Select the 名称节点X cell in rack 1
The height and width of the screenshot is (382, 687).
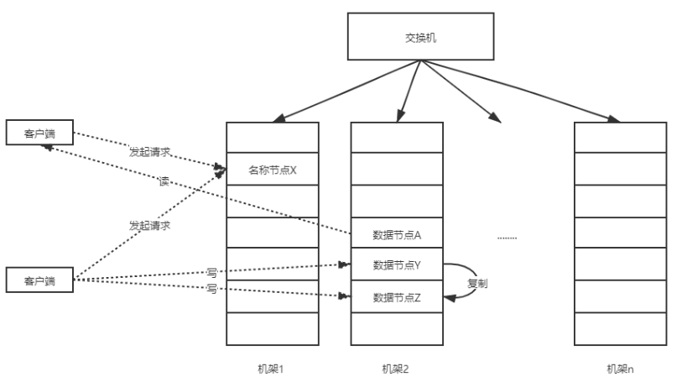tap(273, 170)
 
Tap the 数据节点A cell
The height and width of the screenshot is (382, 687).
tap(397, 233)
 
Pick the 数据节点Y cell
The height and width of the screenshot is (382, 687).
tap(397, 265)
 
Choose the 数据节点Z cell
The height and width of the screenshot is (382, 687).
tap(397, 296)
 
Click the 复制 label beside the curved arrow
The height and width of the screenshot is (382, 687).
tap(477, 283)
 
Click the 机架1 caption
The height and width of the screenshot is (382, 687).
tap(271, 369)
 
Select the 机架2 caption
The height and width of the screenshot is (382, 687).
tap(395, 369)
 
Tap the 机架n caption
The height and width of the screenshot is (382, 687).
tap(621, 369)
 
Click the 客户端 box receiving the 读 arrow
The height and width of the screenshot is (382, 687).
tap(39, 133)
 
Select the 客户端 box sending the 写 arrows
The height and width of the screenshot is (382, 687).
tap(39, 280)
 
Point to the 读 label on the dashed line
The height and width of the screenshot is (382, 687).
tap(164, 181)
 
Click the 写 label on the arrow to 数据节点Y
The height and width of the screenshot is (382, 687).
tap(211, 271)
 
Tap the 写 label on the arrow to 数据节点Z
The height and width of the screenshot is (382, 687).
tap(211, 288)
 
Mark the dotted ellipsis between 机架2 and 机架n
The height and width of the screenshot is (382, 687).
tap(507, 238)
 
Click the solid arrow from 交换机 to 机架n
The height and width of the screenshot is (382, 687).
tap(537, 92)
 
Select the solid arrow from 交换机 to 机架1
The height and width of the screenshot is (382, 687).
tap(336, 92)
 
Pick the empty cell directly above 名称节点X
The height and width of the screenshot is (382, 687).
tap(273, 138)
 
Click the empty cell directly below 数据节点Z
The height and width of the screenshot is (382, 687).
tap(397, 328)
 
